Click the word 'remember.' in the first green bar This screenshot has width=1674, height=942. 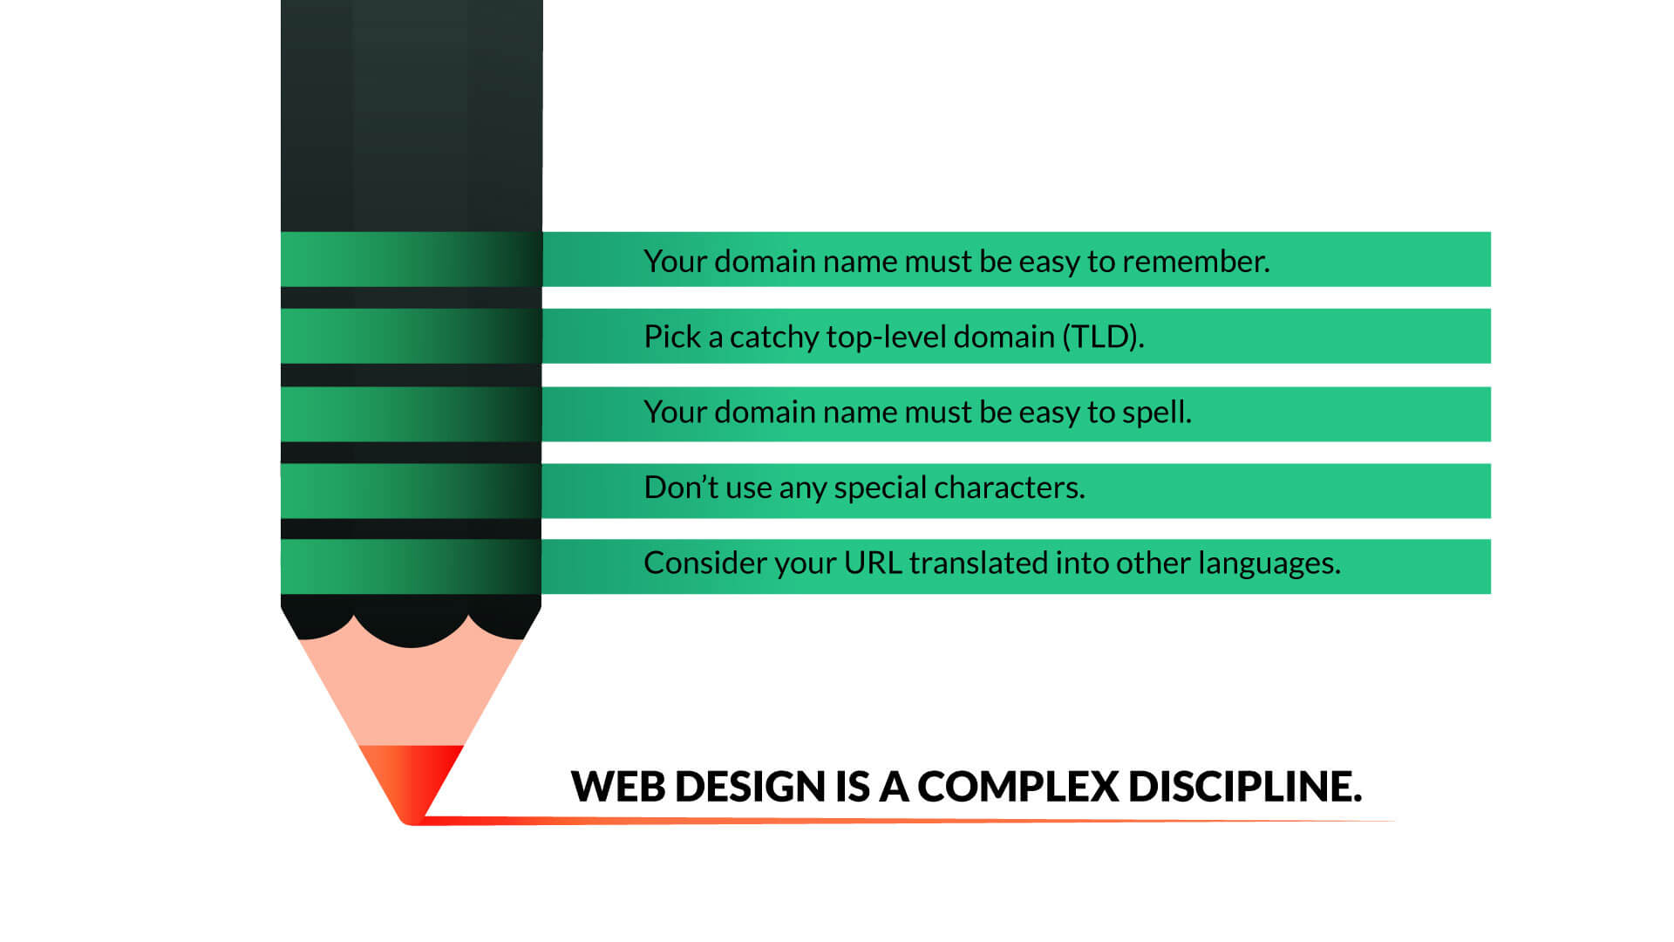click(1195, 261)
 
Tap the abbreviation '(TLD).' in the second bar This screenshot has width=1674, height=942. click(1103, 337)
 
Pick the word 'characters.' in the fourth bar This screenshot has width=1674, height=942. click(1010, 487)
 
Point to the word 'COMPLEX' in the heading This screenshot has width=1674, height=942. click(1017, 787)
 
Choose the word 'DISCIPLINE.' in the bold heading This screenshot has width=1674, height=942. click(1245, 787)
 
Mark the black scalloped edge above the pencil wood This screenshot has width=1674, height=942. click(411, 619)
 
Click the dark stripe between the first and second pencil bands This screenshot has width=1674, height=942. click(411, 297)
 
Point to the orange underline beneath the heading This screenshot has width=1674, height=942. click(907, 820)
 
